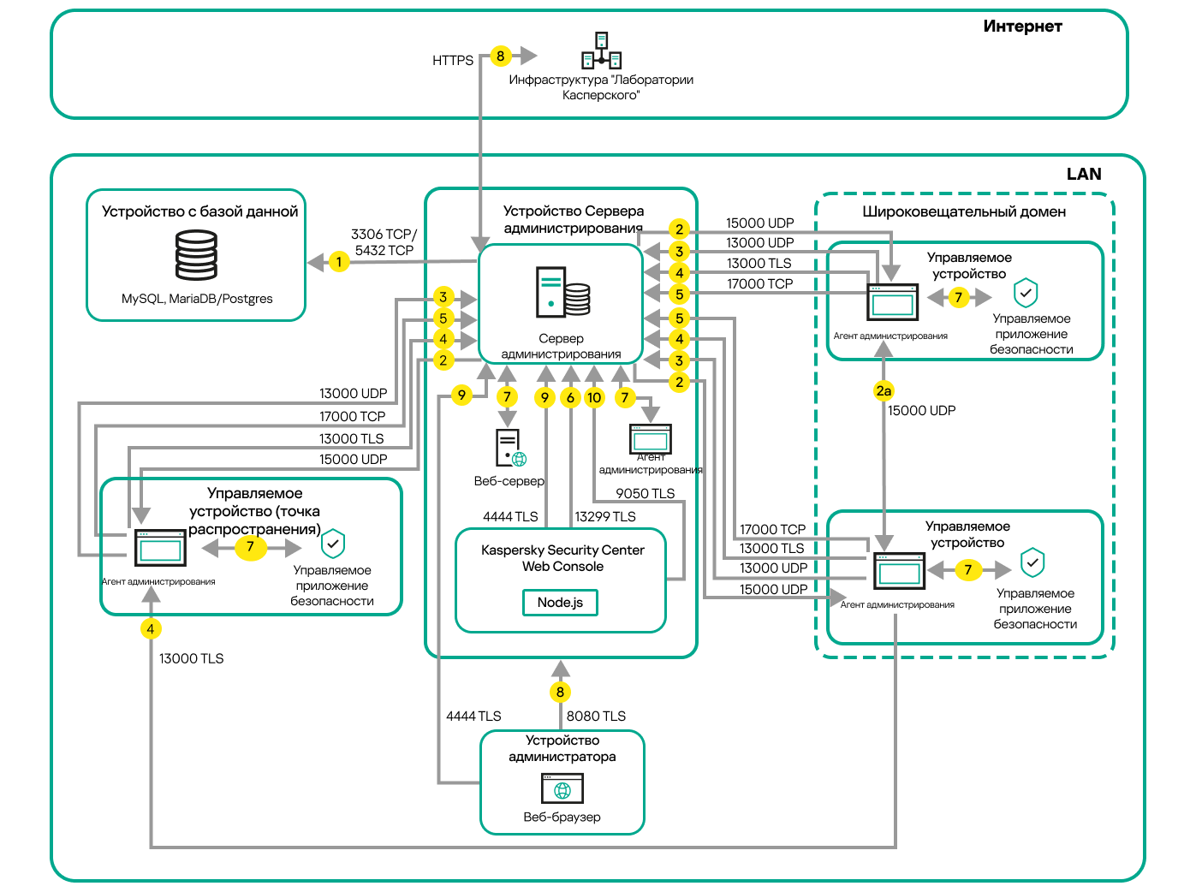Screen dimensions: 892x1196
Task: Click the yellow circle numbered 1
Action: point(339,262)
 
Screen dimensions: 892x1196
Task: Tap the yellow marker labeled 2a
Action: point(884,391)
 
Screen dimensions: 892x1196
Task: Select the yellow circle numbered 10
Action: point(594,397)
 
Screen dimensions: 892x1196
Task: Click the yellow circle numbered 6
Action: point(570,397)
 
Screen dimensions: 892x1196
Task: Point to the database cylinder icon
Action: point(196,255)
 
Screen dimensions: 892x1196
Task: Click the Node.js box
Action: point(560,603)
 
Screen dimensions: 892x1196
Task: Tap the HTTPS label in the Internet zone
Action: point(453,61)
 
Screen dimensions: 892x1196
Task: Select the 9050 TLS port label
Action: point(646,494)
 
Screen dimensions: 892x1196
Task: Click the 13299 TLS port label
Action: point(605,517)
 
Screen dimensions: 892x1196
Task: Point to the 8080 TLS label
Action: point(596,717)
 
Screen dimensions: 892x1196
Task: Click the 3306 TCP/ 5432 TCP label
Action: point(384,242)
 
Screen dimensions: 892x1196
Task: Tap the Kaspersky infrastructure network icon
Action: point(602,51)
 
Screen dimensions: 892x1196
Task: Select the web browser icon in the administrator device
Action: point(562,788)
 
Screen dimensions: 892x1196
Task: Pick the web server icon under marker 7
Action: point(510,448)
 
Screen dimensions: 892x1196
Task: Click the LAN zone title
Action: point(1084,175)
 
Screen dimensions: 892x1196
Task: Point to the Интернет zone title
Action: point(1022,27)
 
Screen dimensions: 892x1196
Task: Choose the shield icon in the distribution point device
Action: point(333,544)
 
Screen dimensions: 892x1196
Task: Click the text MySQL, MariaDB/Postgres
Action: point(197,299)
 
